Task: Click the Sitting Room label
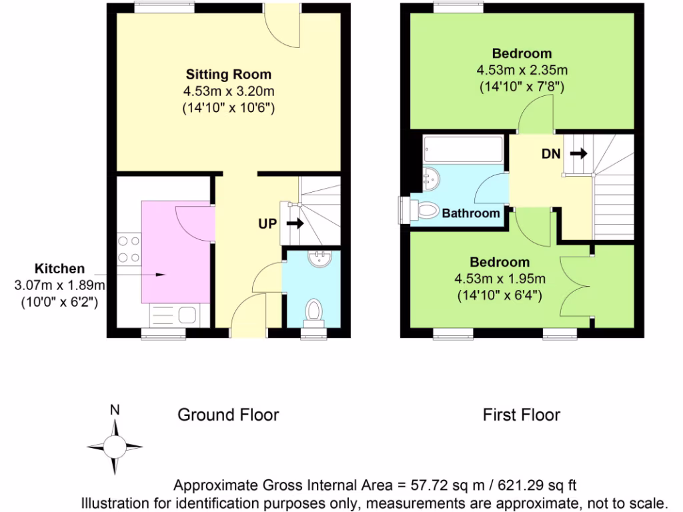click(x=229, y=74)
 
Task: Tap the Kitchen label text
click(x=59, y=269)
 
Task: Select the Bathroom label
click(x=471, y=213)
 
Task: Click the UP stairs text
click(x=267, y=223)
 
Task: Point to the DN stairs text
click(x=550, y=153)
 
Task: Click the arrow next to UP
click(x=294, y=223)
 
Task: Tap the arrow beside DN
click(x=578, y=153)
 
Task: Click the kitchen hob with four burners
click(x=128, y=249)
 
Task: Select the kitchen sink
click(x=167, y=313)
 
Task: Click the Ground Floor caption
click(x=228, y=415)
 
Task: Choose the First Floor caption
click(x=522, y=415)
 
